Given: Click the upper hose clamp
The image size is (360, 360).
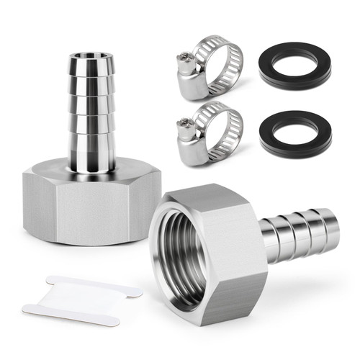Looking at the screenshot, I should (209, 68).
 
